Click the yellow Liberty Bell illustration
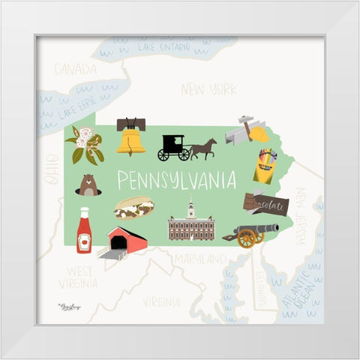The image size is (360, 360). tap(130, 136)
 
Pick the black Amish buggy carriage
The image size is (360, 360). tap(174, 148)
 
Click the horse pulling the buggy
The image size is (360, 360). tap(203, 148)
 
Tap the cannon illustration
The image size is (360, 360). tap(252, 234)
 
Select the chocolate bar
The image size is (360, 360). tap(265, 202)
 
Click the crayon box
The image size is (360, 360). tap(265, 166)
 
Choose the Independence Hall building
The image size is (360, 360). tap(191, 223)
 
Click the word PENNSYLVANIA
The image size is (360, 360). tap(176, 180)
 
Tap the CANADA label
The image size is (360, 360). tap(75, 70)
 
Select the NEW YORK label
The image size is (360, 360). tap(208, 89)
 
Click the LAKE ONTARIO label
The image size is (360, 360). tap(163, 46)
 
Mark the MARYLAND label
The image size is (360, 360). tap(200, 259)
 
